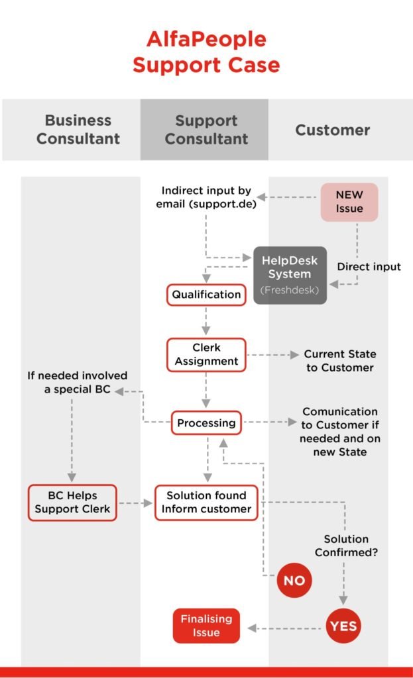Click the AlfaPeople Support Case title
(206, 52)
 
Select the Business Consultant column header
(78, 130)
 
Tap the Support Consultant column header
(206, 130)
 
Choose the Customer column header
(332, 130)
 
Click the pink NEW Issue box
(349, 202)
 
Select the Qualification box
(206, 295)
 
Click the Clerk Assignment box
(206, 355)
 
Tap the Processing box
(206, 422)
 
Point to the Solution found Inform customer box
(206, 503)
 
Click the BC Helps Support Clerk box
(72, 503)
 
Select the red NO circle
(294, 580)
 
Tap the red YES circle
(343, 626)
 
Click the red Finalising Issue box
(206, 626)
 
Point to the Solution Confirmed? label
(346, 546)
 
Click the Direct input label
(369, 267)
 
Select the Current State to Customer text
(339, 361)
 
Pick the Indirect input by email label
(206, 197)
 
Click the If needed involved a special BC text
(78, 383)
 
